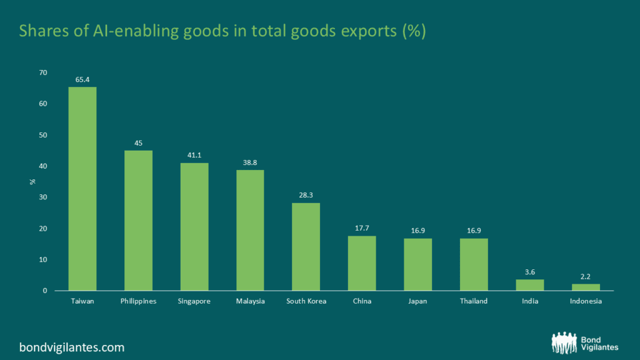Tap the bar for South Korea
tap(306, 247)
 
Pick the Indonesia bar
tap(586, 287)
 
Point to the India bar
tap(529, 285)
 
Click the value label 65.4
tap(82, 80)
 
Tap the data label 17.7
tap(362, 228)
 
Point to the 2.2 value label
tap(586, 276)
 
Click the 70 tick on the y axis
tap(43, 73)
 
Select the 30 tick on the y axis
tap(43, 197)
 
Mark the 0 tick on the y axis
tap(45, 291)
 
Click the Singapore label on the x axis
tap(194, 301)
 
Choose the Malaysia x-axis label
tap(250, 301)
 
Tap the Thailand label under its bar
tap(474, 301)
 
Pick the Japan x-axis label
tap(417, 301)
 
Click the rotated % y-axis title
tap(32, 182)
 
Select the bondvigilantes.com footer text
tap(71, 347)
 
